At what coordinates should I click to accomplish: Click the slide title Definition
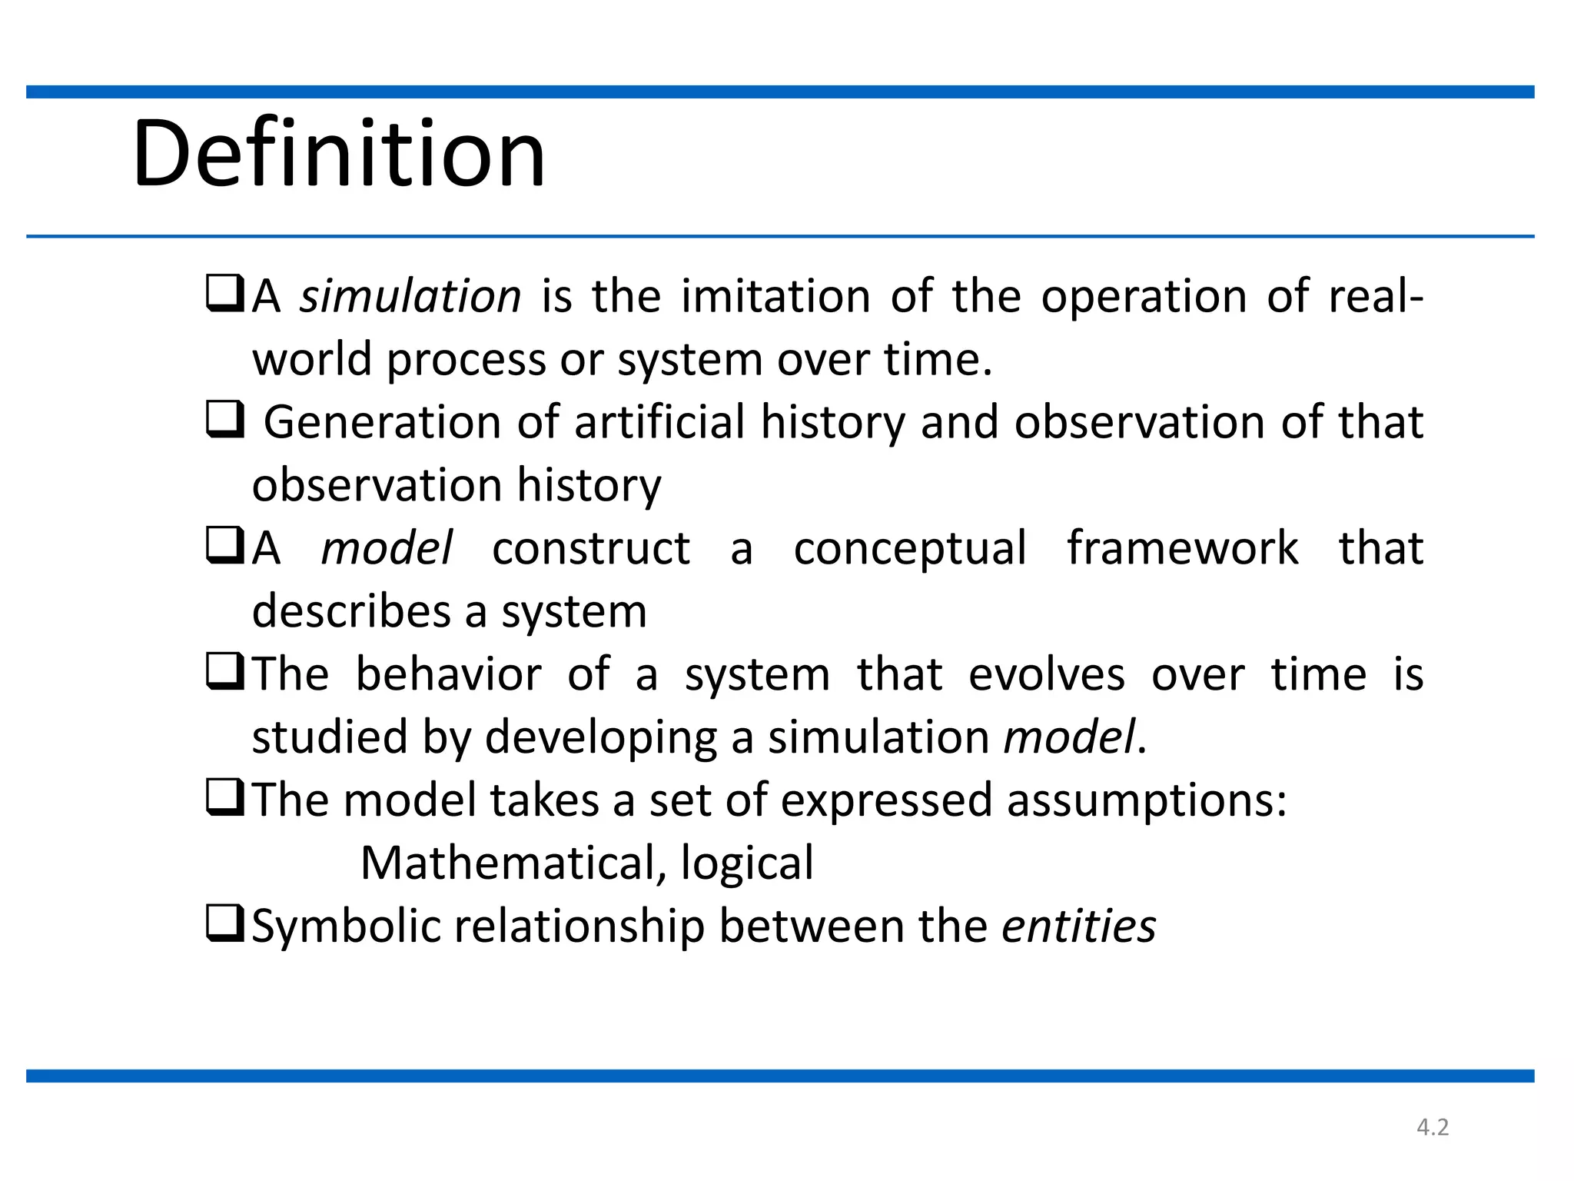pos(339,153)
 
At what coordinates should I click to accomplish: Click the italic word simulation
pos(410,296)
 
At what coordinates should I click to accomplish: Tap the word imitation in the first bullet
pos(775,296)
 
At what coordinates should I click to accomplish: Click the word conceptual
pos(910,549)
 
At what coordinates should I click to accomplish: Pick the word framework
pos(1183,548)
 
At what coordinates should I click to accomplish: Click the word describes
pos(351,611)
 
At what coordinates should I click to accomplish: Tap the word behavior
pos(449,674)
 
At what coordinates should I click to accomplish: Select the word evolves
pos(1046,674)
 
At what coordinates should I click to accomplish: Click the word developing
pos(600,738)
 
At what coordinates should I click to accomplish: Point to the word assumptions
pos(1146,800)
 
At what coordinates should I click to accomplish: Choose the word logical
pos(746,864)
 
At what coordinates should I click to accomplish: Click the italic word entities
pos(1078,926)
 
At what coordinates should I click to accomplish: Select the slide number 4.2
pos(1433,1127)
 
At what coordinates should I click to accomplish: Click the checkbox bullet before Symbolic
pos(225,923)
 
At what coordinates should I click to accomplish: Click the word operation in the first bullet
pos(1144,296)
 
